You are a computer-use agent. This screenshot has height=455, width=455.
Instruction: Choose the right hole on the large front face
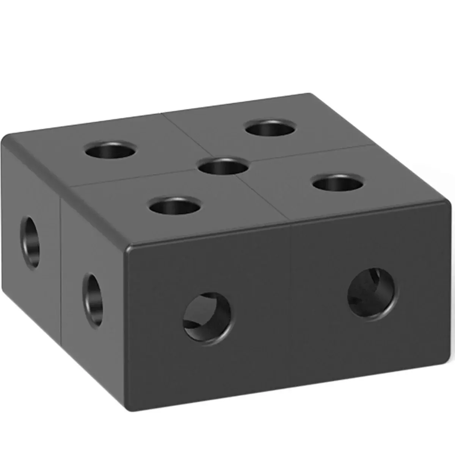[373, 292]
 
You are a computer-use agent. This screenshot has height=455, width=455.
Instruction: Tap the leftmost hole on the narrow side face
[30, 241]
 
